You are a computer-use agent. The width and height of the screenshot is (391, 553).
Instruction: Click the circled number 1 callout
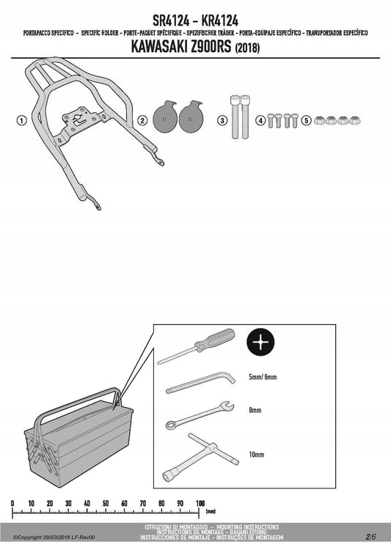(x=22, y=120)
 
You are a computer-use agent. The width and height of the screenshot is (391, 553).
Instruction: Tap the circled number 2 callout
(x=142, y=120)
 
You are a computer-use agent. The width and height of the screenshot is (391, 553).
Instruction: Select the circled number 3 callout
(x=222, y=120)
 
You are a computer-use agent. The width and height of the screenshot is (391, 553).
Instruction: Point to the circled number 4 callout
(x=260, y=120)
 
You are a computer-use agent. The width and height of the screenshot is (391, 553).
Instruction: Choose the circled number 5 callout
(x=307, y=120)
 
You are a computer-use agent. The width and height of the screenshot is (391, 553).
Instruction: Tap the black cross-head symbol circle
(x=260, y=342)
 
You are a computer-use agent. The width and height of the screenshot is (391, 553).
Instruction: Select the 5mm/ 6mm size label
(x=263, y=377)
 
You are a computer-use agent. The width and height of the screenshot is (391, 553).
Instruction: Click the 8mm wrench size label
(x=255, y=410)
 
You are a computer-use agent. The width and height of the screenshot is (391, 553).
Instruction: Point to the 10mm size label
(x=256, y=455)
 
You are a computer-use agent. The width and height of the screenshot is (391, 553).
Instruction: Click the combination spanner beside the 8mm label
(x=200, y=415)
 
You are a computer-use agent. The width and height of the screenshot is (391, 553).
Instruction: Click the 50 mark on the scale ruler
(x=106, y=503)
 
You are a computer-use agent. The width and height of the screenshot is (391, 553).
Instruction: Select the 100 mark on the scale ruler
(x=200, y=503)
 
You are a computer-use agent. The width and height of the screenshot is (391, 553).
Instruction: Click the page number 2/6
(x=371, y=537)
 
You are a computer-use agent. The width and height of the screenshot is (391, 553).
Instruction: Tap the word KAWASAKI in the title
(x=159, y=47)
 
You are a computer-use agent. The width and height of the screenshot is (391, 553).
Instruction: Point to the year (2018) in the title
(x=247, y=48)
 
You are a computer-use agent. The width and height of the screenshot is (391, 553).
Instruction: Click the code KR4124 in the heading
(x=219, y=21)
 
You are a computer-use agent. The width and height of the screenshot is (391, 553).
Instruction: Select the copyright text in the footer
(x=54, y=538)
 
